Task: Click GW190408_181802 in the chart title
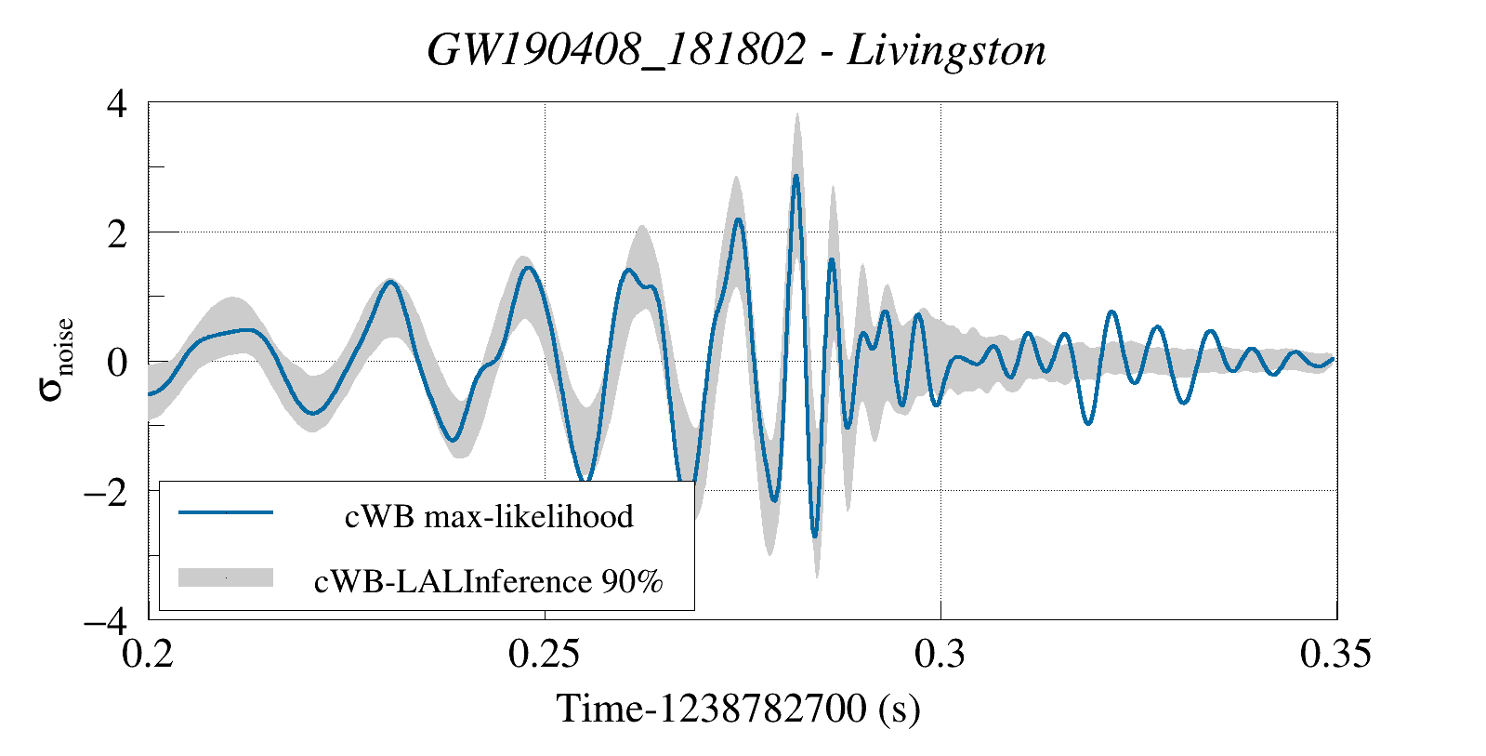(x=616, y=50)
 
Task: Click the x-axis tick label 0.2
(x=149, y=655)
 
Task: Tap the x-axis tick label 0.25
(x=545, y=655)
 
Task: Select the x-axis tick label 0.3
(x=940, y=655)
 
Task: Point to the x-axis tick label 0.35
(x=1335, y=655)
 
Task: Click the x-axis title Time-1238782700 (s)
(x=738, y=710)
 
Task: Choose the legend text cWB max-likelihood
(x=489, y=516)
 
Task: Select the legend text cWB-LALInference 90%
(x=489, y=581)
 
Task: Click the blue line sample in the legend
(x=226, y=512)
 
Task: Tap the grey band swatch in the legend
(x=226, y=577)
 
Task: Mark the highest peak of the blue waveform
(x=796, y=176)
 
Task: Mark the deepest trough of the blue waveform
(x=815, y=536)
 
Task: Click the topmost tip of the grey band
(x=796, y=114)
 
